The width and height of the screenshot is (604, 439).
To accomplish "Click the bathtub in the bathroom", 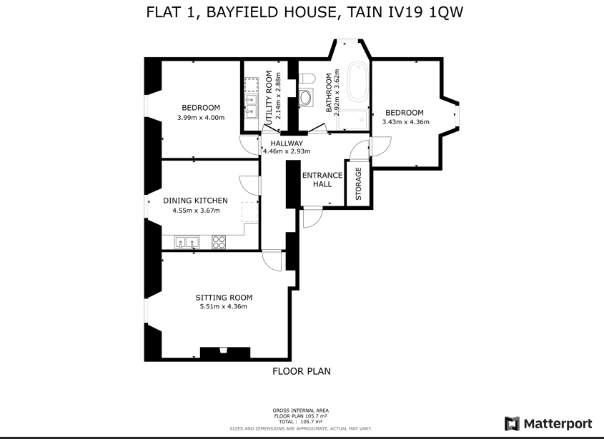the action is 357,82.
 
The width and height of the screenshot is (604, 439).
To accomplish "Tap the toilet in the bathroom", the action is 307,79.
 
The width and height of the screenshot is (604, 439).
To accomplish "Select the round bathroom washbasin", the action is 306,97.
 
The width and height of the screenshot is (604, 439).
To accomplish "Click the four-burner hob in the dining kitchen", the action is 219,242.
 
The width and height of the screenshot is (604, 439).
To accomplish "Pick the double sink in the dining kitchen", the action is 187,242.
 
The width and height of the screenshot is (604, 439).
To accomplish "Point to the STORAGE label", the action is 358,183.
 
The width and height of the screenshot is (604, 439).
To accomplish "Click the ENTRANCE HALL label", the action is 322,180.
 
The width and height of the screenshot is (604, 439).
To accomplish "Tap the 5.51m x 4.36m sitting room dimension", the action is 224,307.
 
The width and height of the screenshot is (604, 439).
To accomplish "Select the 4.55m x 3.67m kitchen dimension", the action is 196,211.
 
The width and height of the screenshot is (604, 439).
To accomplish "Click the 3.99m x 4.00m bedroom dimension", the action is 201,118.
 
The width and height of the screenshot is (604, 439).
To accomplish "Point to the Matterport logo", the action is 548,423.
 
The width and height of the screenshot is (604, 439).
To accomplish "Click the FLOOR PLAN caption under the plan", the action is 302,371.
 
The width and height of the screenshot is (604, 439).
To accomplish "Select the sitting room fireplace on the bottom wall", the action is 225,353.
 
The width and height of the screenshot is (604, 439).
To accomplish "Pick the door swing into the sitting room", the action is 272,261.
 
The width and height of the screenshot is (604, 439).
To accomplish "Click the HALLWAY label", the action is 286,143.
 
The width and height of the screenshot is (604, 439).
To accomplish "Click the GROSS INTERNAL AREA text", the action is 300,410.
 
